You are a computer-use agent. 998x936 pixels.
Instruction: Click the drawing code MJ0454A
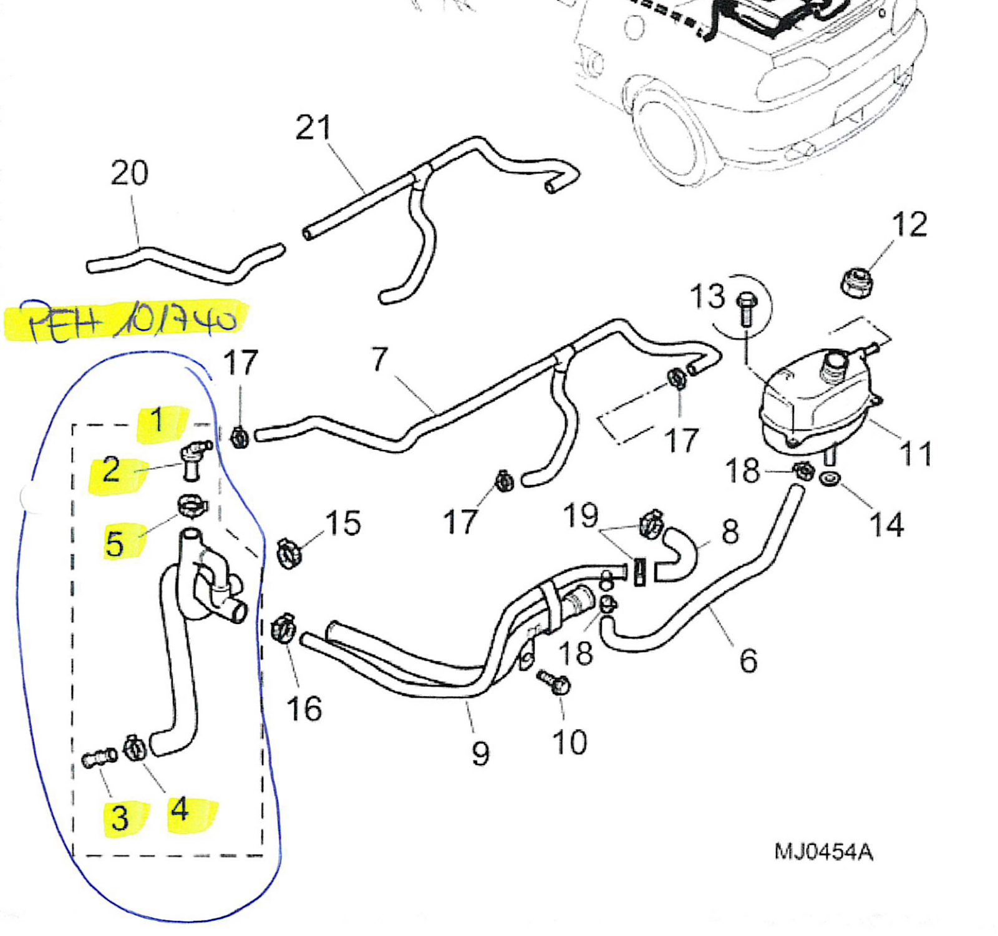pos(823,852)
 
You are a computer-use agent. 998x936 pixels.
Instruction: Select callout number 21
pos(313,128)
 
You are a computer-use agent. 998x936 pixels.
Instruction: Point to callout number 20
pos(129,173)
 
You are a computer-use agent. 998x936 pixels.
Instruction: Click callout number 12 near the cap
pos(909,225)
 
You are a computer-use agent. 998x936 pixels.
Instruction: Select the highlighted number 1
pos(158,420)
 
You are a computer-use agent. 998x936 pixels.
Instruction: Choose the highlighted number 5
pos(115,544)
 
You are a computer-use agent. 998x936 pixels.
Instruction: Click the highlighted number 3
pos(120,817)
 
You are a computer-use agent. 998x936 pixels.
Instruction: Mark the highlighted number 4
pos(180,810)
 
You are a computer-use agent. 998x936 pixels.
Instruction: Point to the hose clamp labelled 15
pos(288,552)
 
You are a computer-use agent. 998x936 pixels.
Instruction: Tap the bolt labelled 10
pos(555,683)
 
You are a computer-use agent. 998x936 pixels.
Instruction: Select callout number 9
pos(480,754)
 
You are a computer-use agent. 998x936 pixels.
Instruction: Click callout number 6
pos(748,660)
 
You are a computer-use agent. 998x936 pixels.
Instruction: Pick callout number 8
pos(730,532)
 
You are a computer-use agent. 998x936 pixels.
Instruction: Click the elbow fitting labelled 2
pos(193,459)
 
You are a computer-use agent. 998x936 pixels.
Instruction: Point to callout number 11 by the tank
pos(916,454)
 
